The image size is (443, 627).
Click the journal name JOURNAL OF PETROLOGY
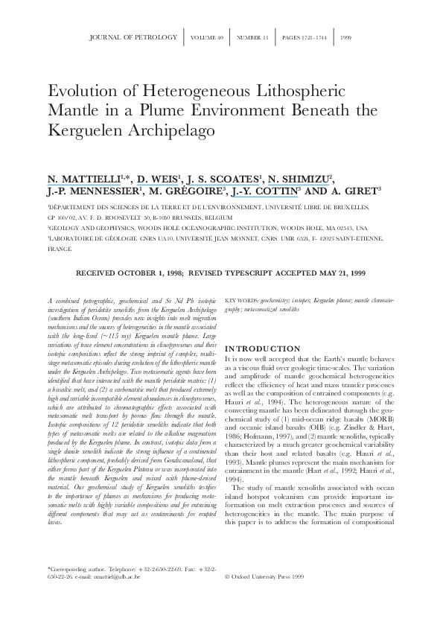click(133, 36)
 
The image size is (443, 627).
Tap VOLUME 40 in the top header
click(208, 36)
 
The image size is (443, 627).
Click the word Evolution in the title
click(77, 92)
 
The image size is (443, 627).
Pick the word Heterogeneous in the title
click(174, 92)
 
